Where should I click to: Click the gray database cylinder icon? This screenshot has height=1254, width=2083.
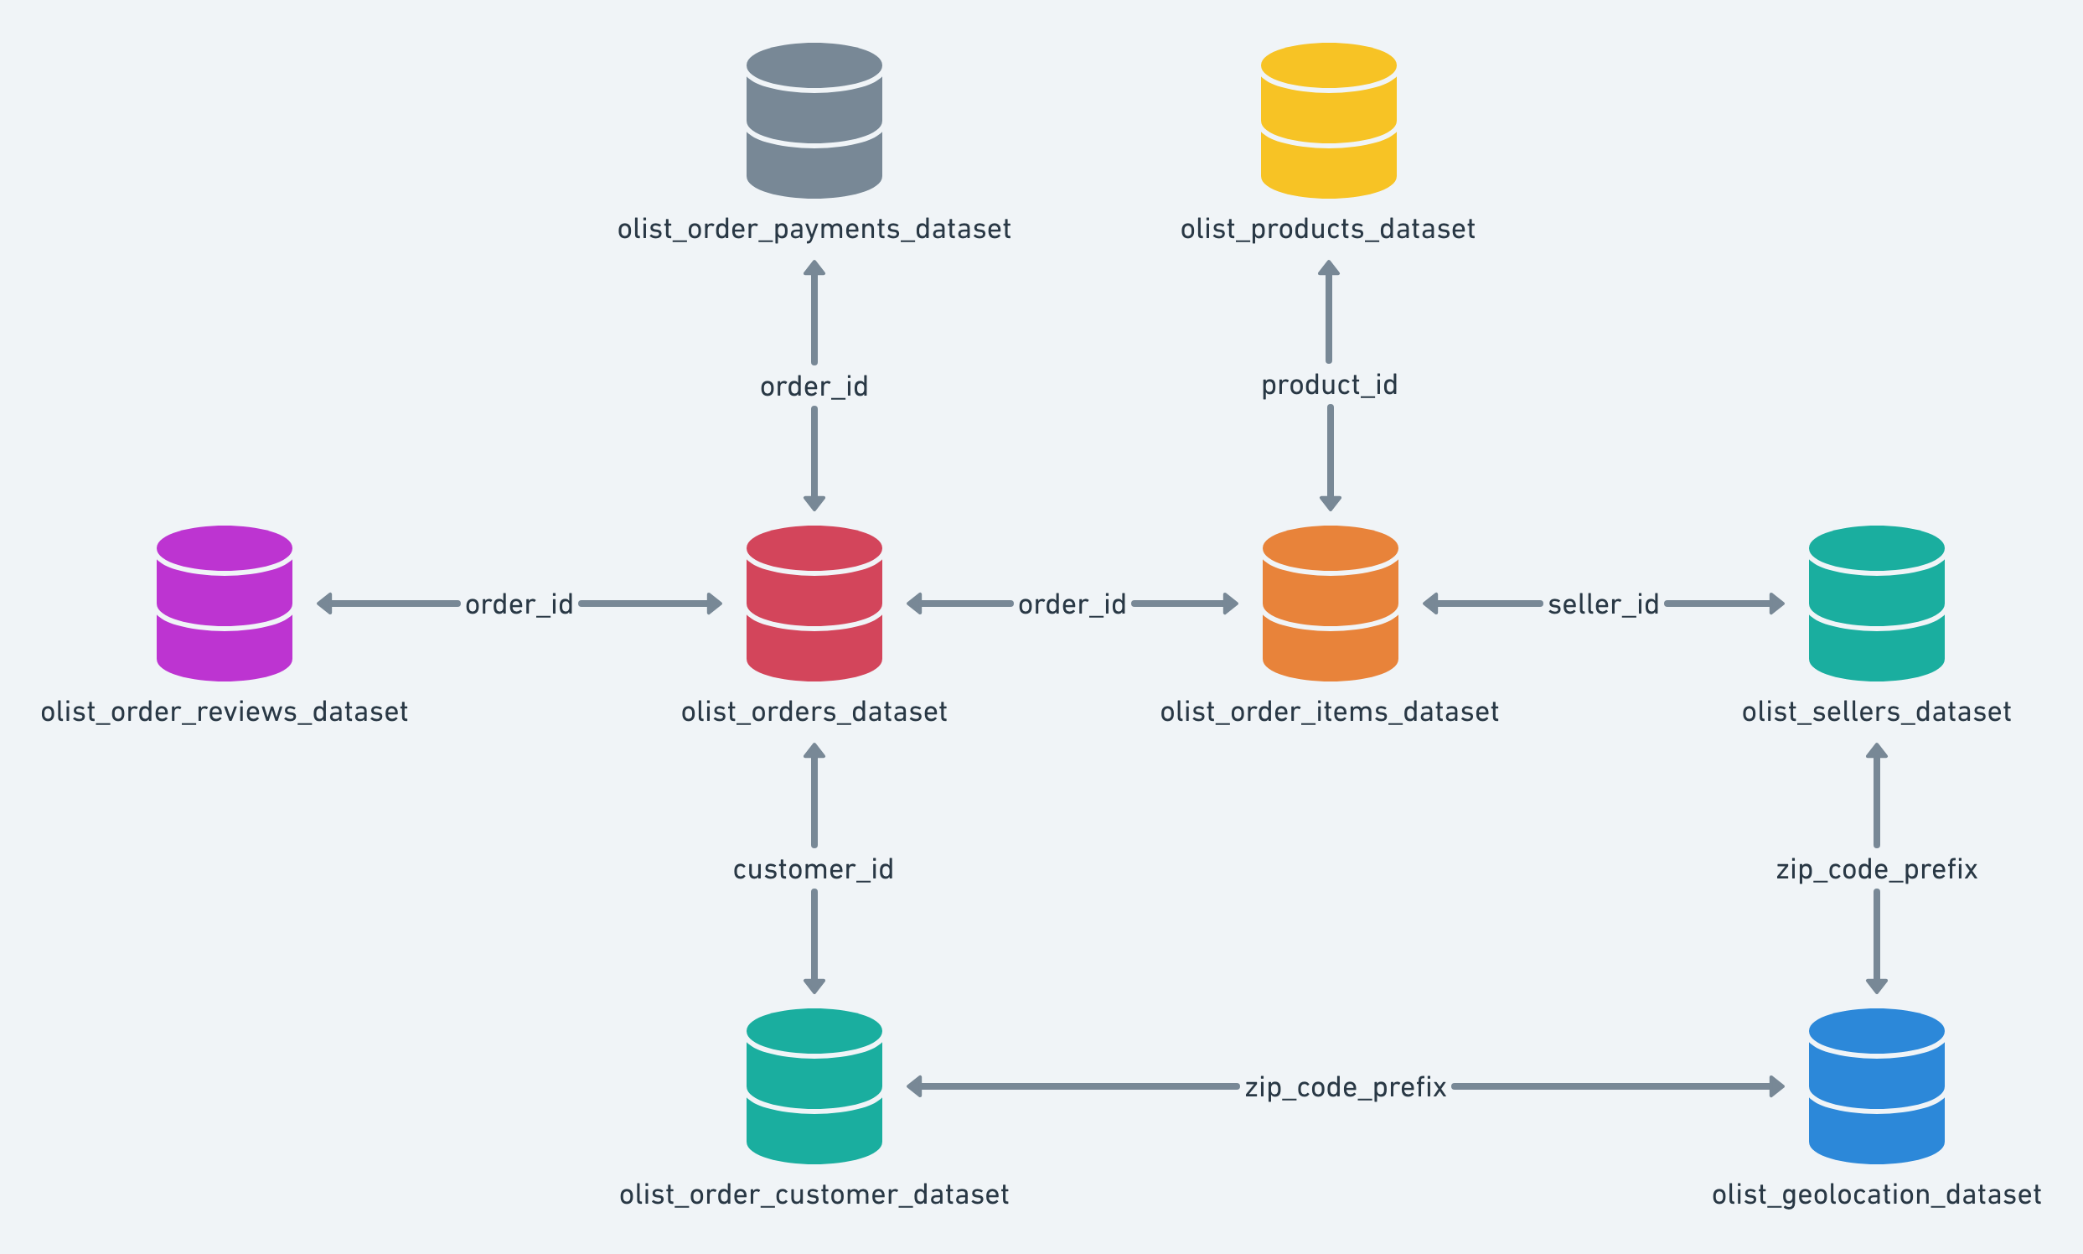click(814, 121)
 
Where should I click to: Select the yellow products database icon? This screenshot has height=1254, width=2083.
click(1328, 121)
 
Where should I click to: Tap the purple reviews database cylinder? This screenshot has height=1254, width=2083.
click(224, 604)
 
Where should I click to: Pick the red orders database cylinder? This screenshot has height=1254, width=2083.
click(814, 604)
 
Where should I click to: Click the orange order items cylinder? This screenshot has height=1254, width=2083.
click(1330, 604)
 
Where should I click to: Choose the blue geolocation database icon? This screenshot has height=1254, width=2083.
click(1876, 1086)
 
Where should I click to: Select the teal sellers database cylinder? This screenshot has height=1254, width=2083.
click(1876, 604)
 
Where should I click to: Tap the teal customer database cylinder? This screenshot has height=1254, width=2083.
click(814, 1086)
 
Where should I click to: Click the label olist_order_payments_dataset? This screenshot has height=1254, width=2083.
click(814, 229)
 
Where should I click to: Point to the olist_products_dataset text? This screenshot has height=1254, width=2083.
click(1328, 229)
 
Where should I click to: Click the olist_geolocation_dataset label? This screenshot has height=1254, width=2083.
click(1876, 1194)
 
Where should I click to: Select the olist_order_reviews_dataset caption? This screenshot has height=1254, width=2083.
click(224, 712)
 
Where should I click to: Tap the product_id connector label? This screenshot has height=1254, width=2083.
click(1329, 386)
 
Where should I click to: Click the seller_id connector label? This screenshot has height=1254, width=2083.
click(1602, 604)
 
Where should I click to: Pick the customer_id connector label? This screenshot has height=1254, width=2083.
click(813, 868)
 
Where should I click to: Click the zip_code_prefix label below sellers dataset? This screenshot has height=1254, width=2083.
click(1876, 868)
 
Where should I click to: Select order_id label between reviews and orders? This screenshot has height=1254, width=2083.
click(519, 604)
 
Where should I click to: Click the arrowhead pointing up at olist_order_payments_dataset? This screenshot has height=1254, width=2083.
click(814, 268)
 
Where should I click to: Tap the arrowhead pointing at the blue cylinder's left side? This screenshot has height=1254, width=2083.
click(1776, 1086)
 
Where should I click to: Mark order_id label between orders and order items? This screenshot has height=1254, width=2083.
click(1071, 604)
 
